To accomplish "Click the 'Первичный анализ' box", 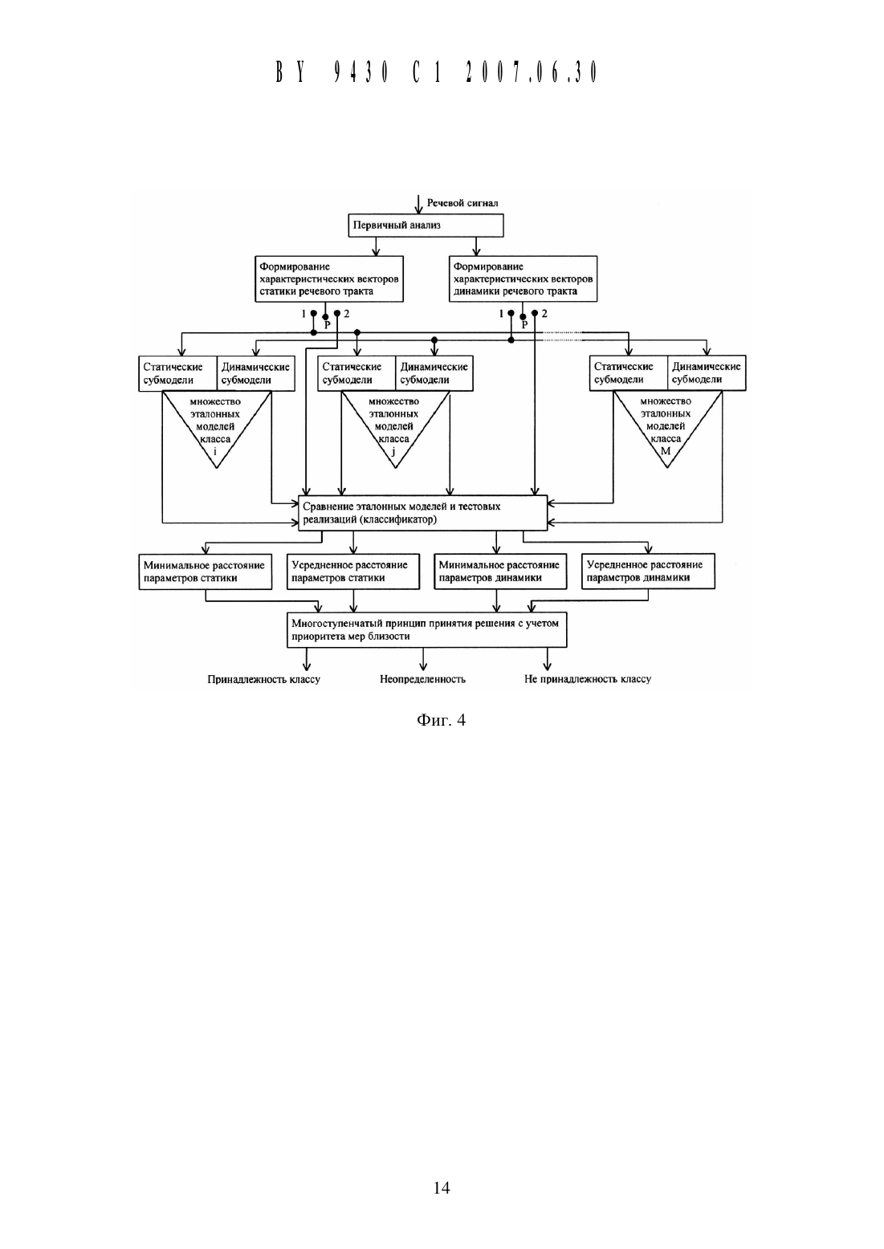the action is tap(426, 226).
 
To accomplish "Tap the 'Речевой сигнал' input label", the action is tap(462, 203).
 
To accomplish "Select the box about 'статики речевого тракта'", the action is tap(329, 279).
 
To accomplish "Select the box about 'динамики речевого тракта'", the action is tap(523, 279).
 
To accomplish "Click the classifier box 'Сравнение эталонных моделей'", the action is tap(423, 513).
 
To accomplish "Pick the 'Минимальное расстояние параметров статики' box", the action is tap(206, 572).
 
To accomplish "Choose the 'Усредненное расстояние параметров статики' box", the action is tap(353, 572).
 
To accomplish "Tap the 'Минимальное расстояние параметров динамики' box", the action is tap(500, 572).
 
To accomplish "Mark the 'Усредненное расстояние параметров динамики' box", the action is tap(648, 572).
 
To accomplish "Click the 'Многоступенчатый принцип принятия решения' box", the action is tap(426, 630).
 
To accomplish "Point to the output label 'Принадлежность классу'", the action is tap(264, 679).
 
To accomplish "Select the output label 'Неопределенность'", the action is tap(423, 679).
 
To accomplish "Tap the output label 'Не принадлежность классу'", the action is tap(588, 679).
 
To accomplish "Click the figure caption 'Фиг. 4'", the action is tap(441, 720).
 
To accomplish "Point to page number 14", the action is tap(442, 1188).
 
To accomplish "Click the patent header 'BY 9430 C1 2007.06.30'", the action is tap(437, 72).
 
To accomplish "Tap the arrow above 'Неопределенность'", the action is tap(423, 659).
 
